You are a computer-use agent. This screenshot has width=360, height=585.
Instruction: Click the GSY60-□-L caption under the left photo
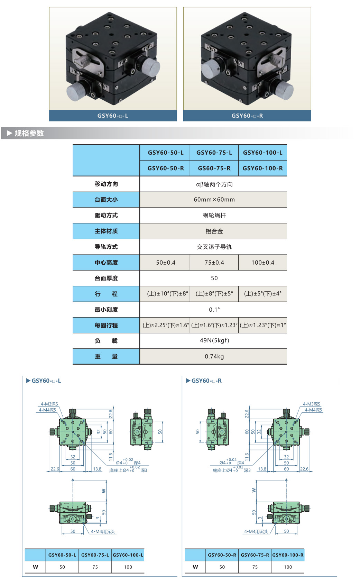pos(113,116)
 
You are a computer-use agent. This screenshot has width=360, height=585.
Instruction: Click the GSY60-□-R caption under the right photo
pos(247,116)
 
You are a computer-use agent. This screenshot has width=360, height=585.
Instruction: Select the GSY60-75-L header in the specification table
pos(214,153)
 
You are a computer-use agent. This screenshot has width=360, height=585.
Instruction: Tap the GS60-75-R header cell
pos(214,168)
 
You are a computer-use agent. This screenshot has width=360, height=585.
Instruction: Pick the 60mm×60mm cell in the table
pos(214,200)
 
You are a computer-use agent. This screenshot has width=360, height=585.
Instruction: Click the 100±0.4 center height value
pos(262,263)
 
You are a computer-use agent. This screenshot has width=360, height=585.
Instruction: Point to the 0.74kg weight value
pos(214,357)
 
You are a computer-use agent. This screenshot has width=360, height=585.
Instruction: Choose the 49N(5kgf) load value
pos(214,340)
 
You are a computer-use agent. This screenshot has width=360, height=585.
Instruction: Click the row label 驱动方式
pos(106,216)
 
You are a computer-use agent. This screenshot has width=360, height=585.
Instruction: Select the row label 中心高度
pos(106,263)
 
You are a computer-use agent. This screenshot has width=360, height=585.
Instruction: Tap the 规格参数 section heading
pos(29,133)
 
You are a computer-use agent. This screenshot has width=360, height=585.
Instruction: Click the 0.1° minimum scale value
pos(214,310)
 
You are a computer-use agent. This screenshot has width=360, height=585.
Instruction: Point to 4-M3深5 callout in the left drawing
pos(49,404)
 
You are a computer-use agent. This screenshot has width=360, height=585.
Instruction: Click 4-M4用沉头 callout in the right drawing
pos(256,532)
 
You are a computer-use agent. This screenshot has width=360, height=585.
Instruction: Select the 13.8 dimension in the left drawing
pos(97,469)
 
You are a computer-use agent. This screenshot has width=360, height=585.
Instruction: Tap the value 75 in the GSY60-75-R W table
pos(255,567)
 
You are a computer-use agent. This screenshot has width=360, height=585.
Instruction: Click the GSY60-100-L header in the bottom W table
pos(128,555)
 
